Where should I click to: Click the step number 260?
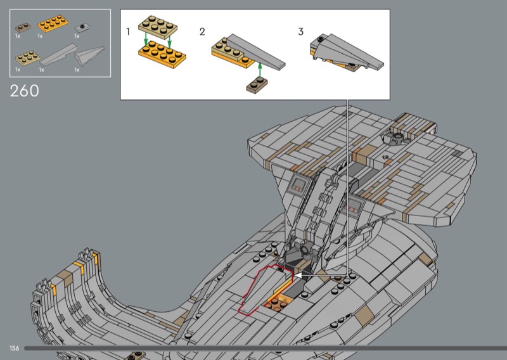25,90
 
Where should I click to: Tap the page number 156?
14,349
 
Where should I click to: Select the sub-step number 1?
128,31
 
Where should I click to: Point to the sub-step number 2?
202,31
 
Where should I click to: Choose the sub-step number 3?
301,31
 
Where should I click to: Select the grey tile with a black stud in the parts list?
82,27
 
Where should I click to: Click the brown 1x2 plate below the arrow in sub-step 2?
257,84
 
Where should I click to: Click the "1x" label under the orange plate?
40,36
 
